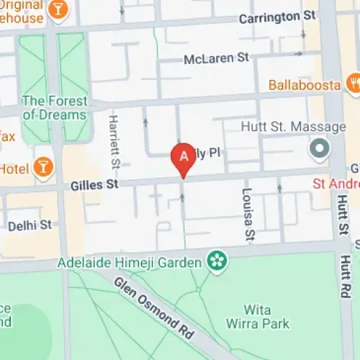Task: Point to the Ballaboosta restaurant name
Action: [304, 85]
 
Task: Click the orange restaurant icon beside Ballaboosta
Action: [353, 84]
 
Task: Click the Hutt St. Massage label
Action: [294, 127]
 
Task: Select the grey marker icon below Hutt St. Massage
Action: [318, 149]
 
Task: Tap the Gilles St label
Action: [94, 185]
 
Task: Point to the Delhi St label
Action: [30, 225]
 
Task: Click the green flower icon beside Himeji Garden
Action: [215, 261]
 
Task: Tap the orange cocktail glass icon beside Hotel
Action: [44, 166]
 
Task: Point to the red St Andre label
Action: [336, 184]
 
